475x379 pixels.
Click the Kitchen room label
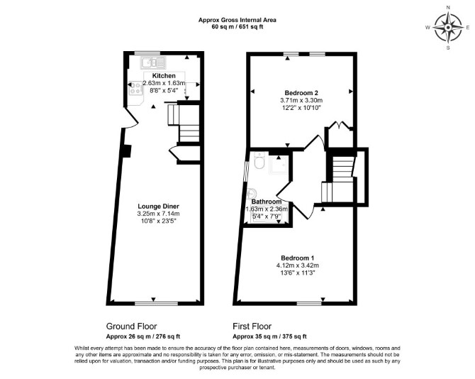164,75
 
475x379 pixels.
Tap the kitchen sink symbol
153,63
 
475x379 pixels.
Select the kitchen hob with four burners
135,88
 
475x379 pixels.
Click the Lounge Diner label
158,207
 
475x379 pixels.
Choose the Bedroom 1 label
298,258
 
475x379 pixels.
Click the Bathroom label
267,202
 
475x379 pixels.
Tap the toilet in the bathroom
259,160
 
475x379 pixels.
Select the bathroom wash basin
252,193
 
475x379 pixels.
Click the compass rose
448,28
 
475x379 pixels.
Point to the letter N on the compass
448,8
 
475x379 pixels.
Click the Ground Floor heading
131,326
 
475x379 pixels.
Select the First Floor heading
252,326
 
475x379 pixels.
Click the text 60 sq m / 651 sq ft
238,26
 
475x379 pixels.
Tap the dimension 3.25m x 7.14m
158,214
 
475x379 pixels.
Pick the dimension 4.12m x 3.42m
298,265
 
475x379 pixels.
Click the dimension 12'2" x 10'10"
301,107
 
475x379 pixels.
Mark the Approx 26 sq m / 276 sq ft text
143,336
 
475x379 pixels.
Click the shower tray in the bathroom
278,165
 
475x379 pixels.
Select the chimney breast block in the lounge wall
127,151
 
